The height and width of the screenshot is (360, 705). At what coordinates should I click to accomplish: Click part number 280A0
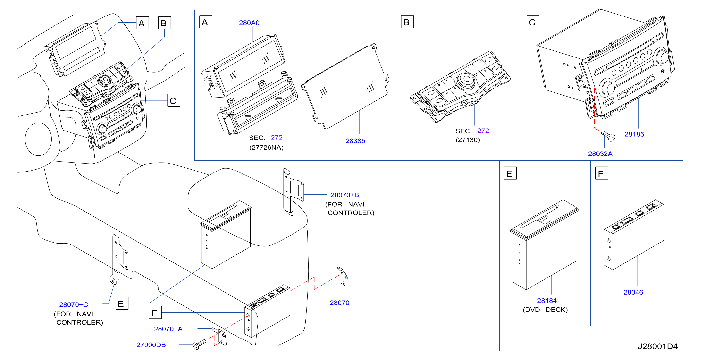pyautogui.click(x=249, y=23)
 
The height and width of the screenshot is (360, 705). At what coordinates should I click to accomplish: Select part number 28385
pyautogui.click(x=355, y=141)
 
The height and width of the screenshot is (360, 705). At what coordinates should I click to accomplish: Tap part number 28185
pyautogui.click(x=634, y=134)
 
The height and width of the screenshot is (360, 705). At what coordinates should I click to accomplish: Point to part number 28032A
pyautogui.click(x=600, y=154)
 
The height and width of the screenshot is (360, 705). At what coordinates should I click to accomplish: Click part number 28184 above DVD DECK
pyautogui.click(x=547, y=301)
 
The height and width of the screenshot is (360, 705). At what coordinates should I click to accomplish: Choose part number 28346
pyautogui.click(x=633, y=292)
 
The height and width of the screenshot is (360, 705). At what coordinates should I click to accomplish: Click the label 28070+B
pyautogui.click(x=344, y=195)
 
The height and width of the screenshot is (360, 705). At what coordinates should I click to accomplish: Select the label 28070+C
pyautogui.click(x=74, y=304)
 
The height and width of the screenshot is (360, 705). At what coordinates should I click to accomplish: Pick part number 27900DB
pyautogui.click(x=151, y=345)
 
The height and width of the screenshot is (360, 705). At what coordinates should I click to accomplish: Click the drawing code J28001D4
pyautogui.click(x=658, y=346)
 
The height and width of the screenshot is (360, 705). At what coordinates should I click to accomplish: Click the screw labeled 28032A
pyautogui.click(x=608, y=136)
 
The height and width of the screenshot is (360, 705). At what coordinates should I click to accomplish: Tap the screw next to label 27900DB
pyautogui.click(x=199, y=344)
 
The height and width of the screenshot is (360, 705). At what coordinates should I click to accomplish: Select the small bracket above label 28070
pyautogui.click(x=343, y=276)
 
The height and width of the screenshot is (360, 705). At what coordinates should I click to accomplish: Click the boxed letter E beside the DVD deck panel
pyautogui.click(x=510, y=173)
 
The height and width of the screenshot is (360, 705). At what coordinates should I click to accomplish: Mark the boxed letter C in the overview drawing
pyautogui.click(x=174, y=100)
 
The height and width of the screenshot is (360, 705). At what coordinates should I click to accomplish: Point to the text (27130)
pyautogui.click(x=468, y=140)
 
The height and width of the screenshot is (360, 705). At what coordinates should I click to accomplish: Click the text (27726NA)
pyautogui.click(x=266, y=148)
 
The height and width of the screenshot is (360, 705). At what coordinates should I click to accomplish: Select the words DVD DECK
pyautogui.click(x=545, y=310)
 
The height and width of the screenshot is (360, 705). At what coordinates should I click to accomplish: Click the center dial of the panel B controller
pyautogui.click(x=466, y=79)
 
